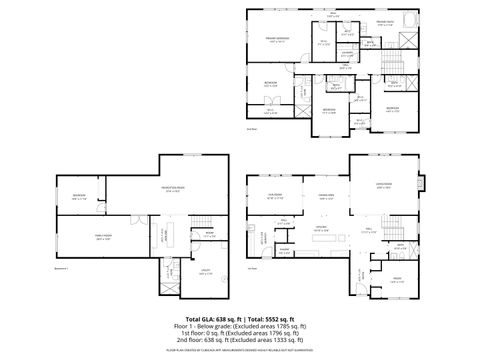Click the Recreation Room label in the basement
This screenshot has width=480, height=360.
pos(157,189)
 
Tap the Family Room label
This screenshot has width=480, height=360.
pos(102,238)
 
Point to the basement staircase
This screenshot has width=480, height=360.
pos(203,222)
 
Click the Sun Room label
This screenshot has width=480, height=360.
pos(274,195)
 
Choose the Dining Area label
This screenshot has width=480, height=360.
pos(325,196)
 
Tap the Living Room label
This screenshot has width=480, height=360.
pos(383,186)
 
